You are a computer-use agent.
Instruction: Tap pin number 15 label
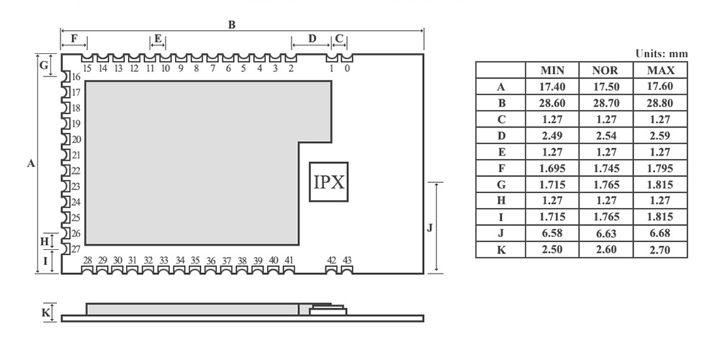[x=87, y=69]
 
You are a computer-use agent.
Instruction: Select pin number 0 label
[x=347, y=69]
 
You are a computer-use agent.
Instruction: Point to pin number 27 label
[x=76, y=249]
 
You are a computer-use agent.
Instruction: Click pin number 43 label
[x=347, y=260]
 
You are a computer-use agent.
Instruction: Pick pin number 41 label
[x=289, y=260]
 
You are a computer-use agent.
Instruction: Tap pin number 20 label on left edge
[x=76, y=140]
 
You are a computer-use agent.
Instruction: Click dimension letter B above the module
[x=232, y=24]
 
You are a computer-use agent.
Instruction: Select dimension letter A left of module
[x=31, y=164]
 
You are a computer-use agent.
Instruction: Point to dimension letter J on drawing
[x=429, y=228]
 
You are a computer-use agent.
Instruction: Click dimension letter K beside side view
[x=45, y=312]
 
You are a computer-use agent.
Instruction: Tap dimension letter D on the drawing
[x=312, y=38]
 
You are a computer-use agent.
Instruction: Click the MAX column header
[x=660, y=71]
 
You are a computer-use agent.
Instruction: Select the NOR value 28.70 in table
[x=606, y=104]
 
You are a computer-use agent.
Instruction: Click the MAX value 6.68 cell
[x=660, y=233]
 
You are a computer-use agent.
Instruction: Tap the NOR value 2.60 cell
[x=606, y=250]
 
